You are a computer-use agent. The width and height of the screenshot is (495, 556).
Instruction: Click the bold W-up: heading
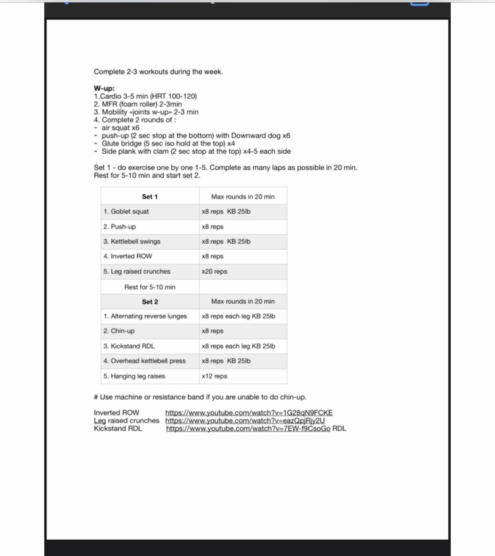coord(104,88)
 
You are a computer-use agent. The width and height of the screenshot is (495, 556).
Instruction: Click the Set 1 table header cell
coord(150,197)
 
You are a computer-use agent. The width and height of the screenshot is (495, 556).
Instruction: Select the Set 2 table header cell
coord(150,302)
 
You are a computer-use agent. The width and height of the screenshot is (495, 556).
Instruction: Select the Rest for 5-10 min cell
coord(150,287)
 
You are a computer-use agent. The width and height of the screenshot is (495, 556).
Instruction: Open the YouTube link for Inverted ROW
coord(249,413)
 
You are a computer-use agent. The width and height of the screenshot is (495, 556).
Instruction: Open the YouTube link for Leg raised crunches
coord(245,421)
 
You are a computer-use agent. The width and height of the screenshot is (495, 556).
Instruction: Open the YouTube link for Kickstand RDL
coord(248,429)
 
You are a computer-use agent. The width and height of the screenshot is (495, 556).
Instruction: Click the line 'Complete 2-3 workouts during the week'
coord(158,72)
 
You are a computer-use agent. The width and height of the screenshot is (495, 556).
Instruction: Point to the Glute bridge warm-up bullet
coord(168,144)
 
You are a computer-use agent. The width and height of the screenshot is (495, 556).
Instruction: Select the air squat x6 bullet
coord(120,128)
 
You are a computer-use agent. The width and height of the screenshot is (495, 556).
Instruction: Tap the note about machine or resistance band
coord(200,397)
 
